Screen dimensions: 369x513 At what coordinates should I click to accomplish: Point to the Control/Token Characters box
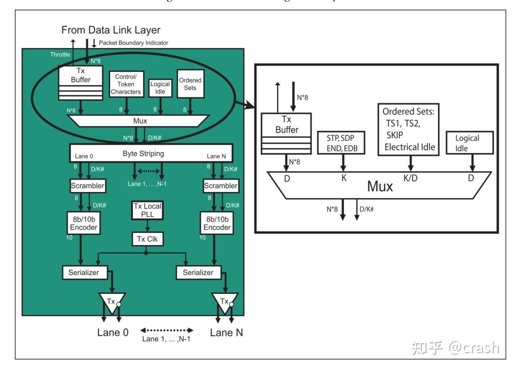[125, 84]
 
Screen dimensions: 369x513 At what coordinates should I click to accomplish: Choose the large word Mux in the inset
[380, 186]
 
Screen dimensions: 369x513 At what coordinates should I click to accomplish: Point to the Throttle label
[60, 55]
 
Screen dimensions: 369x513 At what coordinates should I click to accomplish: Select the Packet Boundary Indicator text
[133, 43]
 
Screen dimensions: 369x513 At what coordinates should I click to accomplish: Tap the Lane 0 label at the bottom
[110, 333]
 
